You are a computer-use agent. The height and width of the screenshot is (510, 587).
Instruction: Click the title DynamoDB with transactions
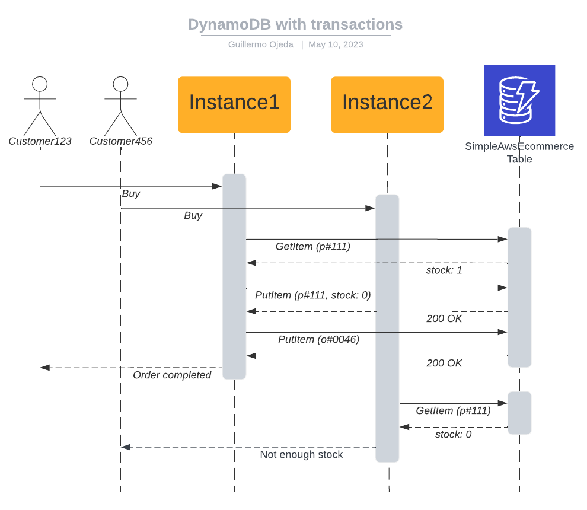coord(295,24)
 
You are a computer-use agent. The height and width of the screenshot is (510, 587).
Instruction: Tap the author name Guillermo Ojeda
coord(260,44)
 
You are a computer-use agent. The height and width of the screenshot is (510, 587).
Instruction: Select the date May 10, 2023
coord(336,44)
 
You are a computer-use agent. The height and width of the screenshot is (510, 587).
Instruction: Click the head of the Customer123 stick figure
coord(40,84)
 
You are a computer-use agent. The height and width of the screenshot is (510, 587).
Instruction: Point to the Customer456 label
coord(121,141)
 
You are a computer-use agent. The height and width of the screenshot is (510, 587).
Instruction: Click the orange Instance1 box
coord(234,104)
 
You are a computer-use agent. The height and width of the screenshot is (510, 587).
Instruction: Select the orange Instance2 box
coord(387,104)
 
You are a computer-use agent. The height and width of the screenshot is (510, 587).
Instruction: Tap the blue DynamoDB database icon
coord(519,100)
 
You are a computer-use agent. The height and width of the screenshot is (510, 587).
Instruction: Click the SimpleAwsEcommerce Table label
coord(519,152)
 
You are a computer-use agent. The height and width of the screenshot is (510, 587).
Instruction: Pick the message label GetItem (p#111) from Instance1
coord(313,246)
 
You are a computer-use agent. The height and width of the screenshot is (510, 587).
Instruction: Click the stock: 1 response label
coord(444,270)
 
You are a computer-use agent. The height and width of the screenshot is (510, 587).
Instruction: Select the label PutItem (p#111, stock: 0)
coord(312,295)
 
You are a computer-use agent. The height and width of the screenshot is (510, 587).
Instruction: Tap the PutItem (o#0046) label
coord(318,339)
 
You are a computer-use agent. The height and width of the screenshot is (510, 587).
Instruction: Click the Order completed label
coord(172,375)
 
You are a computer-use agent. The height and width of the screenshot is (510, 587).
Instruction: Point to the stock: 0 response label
coord(453,434)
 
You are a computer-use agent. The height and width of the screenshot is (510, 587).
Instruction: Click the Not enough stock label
coord(301,455)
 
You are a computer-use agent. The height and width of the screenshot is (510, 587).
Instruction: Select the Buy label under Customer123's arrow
coord(131,194)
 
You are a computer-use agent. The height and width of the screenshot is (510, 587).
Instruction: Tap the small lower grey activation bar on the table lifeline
coord(519,413)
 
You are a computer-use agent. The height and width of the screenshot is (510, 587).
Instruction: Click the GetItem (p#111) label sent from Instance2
coord(453,410)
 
